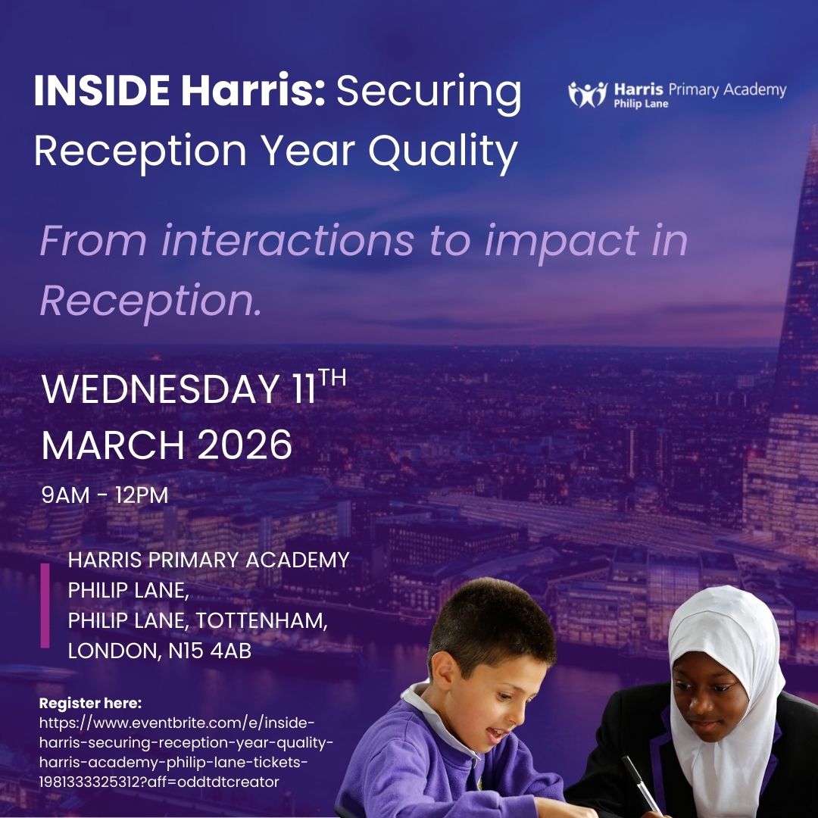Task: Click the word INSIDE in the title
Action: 101,91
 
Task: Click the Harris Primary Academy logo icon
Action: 588,94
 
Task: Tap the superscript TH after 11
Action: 333,377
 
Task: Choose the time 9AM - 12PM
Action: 105,496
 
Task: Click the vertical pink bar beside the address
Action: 45,605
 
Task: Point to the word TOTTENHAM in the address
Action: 262,620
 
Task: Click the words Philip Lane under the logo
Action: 641,104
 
